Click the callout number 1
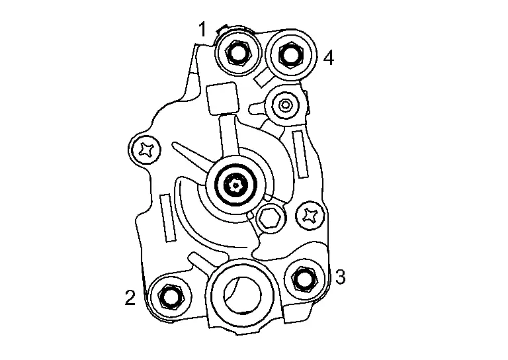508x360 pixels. pos(202,29)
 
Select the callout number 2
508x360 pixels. pos(130,297)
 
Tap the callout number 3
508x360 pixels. pos(340,277)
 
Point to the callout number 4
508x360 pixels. pos(329,58)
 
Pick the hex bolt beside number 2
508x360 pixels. pos(171,296)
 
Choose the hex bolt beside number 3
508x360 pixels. pos(304,278)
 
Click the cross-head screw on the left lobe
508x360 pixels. pos(145,150)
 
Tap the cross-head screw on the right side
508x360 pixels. pos(311,216)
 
